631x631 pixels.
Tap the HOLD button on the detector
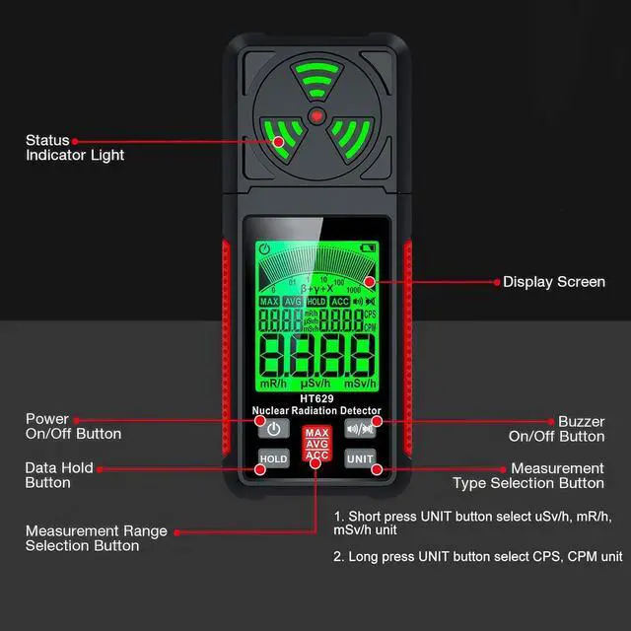[x=273, y=459]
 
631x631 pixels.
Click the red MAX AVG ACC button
[x=316, y=444]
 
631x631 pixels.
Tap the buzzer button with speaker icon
[x=359, y=429]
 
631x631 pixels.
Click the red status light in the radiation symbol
[x=315, y=117]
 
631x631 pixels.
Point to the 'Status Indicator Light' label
[x=75, y=148]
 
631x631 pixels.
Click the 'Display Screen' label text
[x=554, y=282]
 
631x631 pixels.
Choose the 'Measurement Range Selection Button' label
[x=97, y=538]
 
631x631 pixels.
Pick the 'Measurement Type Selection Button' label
[x=528, y=475]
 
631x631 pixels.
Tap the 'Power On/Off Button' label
[x=73, y=427]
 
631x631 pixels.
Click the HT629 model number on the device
[x=316, y=398]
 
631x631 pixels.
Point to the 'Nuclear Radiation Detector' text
[x=316, y=410]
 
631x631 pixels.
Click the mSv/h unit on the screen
[x=360, y=382]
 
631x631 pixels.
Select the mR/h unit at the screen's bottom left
[x=273, y=382]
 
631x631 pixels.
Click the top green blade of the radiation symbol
[x=315, y=81]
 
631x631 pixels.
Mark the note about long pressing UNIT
[x=478, y=556]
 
